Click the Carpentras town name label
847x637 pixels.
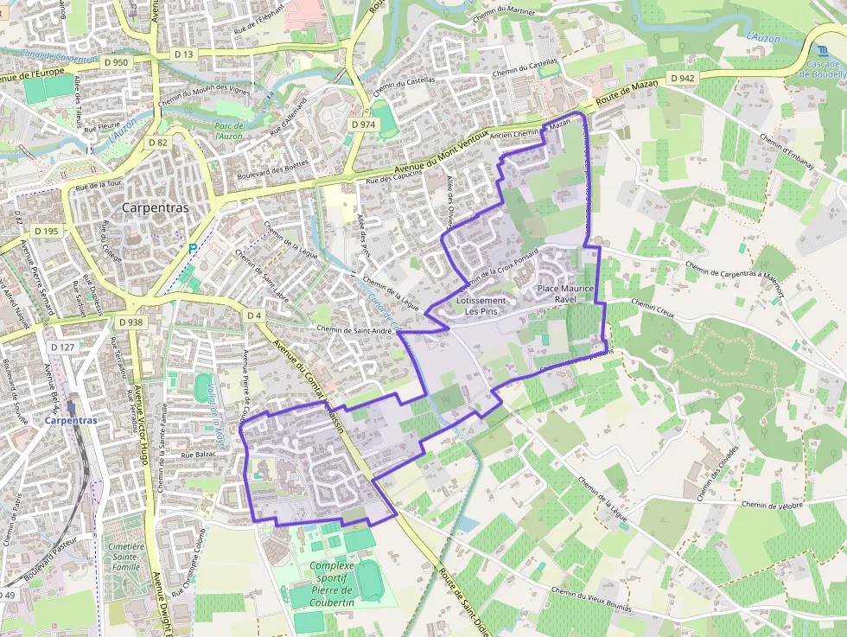click(x=156, y=207)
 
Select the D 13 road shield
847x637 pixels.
click(x=184, y=54)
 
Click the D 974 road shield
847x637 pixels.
click(x=363, y=124)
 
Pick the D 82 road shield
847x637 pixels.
click(x=157, y=143)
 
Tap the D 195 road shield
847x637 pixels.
click(x=47, y=231)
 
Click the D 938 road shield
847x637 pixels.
click(x=131, y=322)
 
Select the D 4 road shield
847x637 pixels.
click(x=254, y=315)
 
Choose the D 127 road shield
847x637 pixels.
click(x=62, y=347)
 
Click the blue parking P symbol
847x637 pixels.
click(x=192, y=248)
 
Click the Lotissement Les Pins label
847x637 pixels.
click(x=481, y=305)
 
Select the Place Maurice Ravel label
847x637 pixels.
click(x=565, y=293)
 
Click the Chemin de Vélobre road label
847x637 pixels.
click(x=772, y=505)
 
